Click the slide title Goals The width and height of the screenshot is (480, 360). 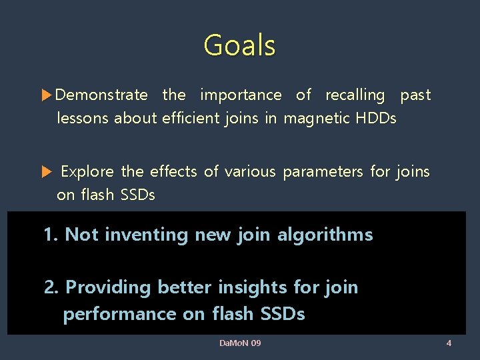click(x=239, y=45)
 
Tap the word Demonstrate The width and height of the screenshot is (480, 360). click(x=101, y=95)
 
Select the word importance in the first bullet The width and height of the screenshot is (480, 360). click(x=241, y=95)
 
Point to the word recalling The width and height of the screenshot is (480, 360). click(x=355, y=95)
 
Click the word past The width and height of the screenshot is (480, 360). click(x=415, y=95)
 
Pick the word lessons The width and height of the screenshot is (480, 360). click(x=83, y=119)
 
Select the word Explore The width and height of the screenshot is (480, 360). click(x=87, y=171)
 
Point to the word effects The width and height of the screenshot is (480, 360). click(x=173, y=171)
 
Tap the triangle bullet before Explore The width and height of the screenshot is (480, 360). click(x=46, y=172)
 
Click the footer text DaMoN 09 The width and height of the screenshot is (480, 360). click(x=240, y=343)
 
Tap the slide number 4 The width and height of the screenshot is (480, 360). click(x=449, y=343)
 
